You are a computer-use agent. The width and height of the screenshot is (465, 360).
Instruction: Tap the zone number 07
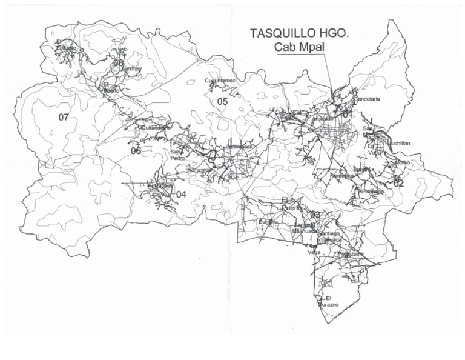(x=64, y=117)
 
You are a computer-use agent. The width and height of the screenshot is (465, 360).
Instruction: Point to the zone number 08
(x=118, y=62)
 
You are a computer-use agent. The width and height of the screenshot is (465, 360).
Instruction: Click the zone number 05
(x=222, y=101)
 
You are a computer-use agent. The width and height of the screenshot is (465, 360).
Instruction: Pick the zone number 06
(x=136, y=151)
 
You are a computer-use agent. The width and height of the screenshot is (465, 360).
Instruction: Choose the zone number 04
(x=181, y=194)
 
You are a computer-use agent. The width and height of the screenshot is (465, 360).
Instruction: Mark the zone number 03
(x=315, y=215)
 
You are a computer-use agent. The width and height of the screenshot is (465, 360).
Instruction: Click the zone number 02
(x=398, y=182)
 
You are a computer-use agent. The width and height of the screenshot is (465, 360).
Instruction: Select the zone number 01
(x=347, y=114)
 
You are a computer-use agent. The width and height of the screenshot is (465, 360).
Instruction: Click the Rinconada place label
(x=371, y=191)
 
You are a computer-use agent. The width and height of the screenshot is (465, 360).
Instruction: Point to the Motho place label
(x=403, y=162)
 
